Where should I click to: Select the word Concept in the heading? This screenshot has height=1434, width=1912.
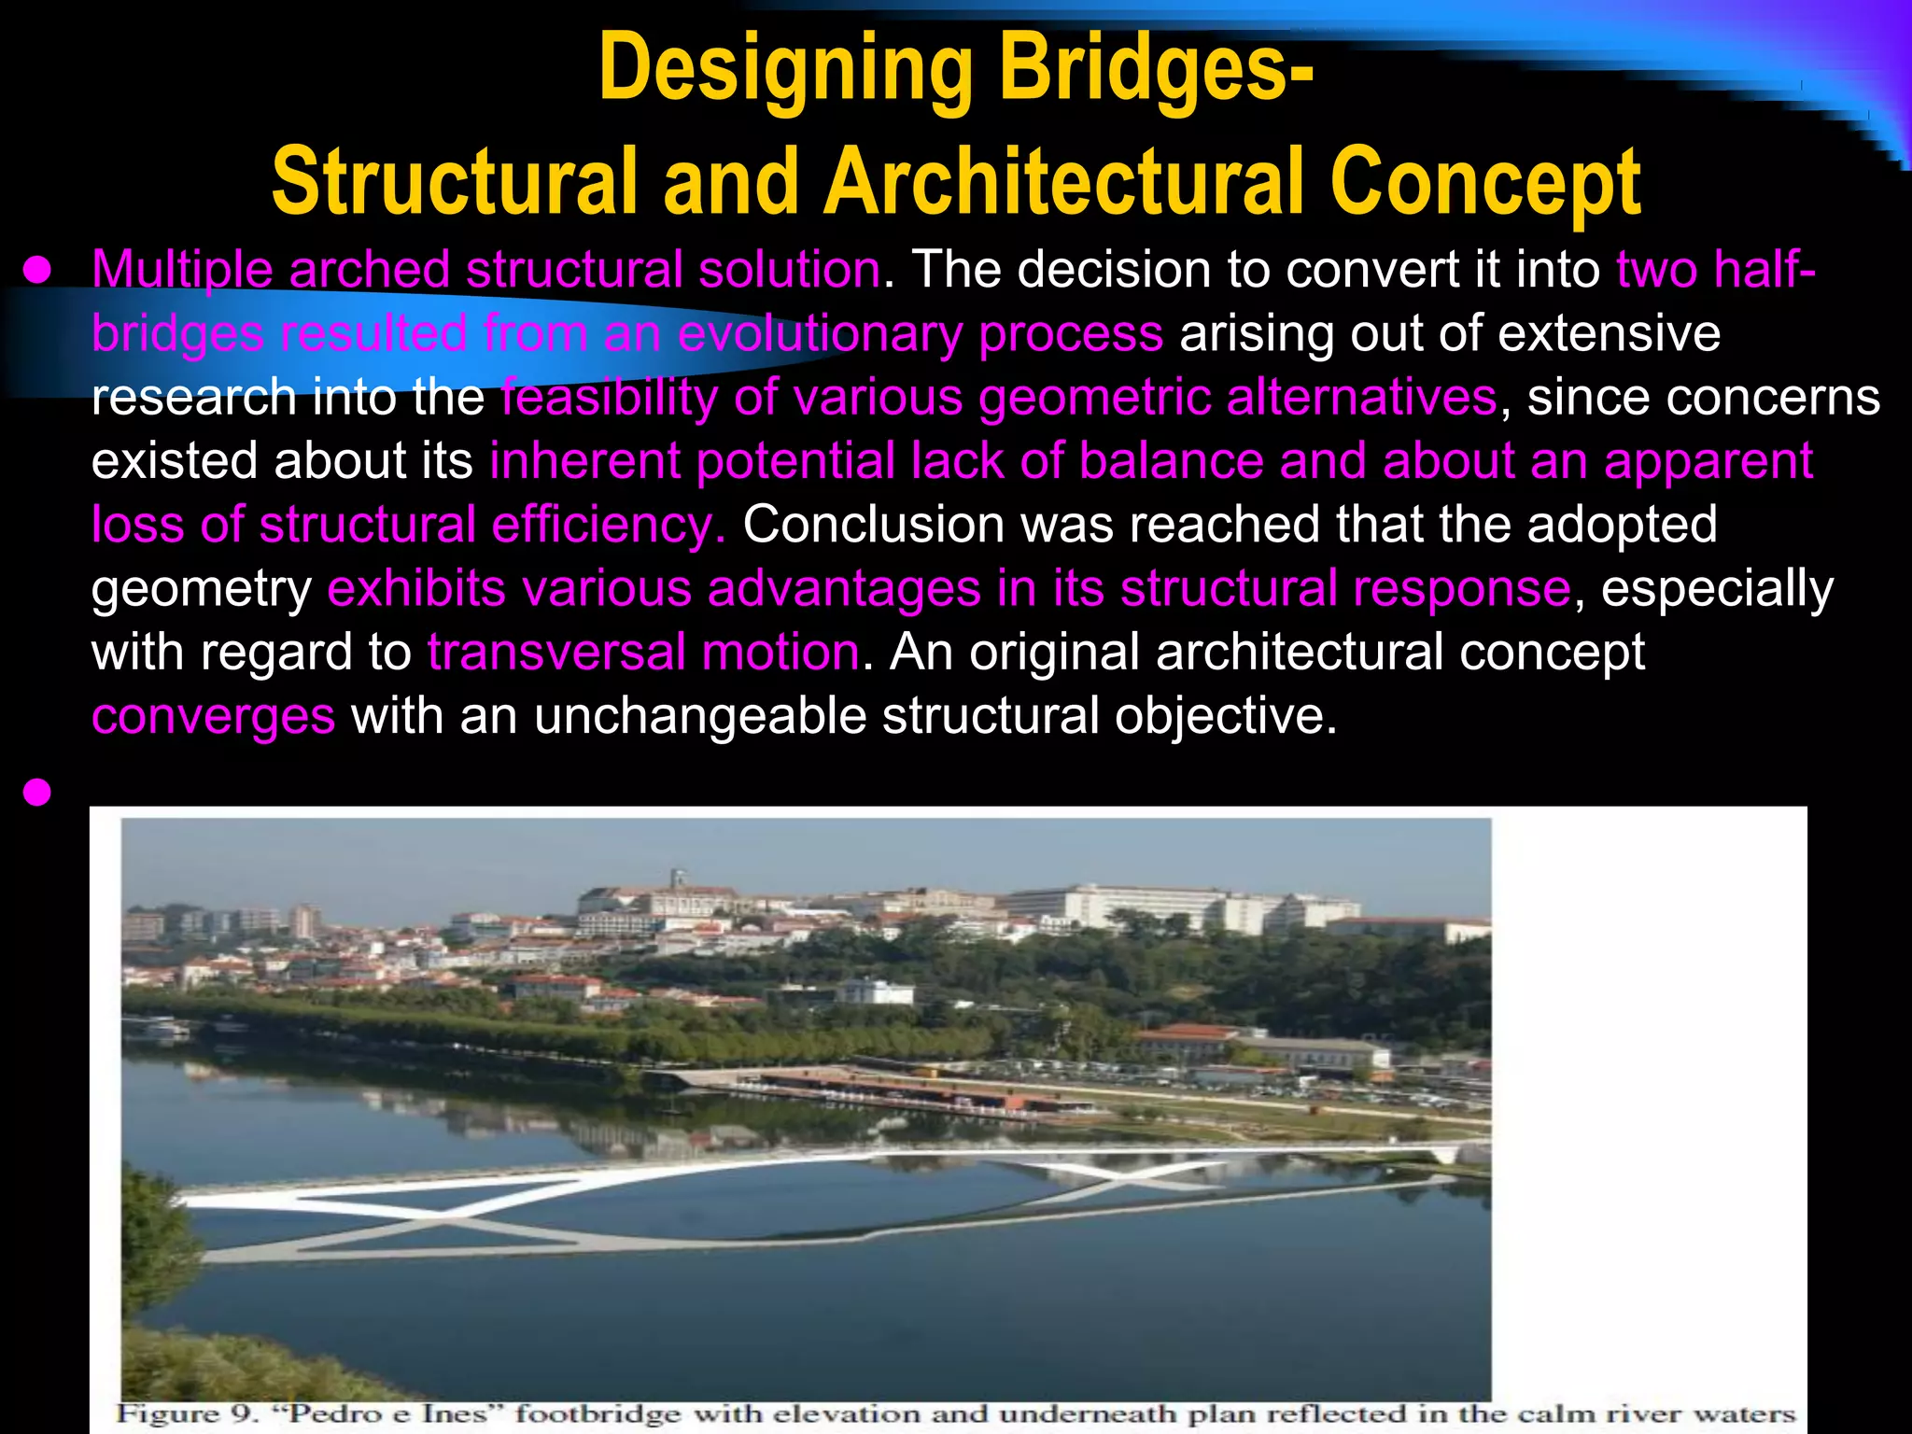coord(1484,181)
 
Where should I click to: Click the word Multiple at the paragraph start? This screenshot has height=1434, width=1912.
coord(182,270)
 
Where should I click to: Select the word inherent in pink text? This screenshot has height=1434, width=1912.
coord(584,460)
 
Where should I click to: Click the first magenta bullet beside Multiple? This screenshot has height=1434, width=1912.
coord(37,271)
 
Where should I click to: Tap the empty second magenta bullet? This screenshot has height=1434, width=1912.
coord(37,793)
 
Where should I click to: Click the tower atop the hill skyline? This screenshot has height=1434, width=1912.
coord(680,881)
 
